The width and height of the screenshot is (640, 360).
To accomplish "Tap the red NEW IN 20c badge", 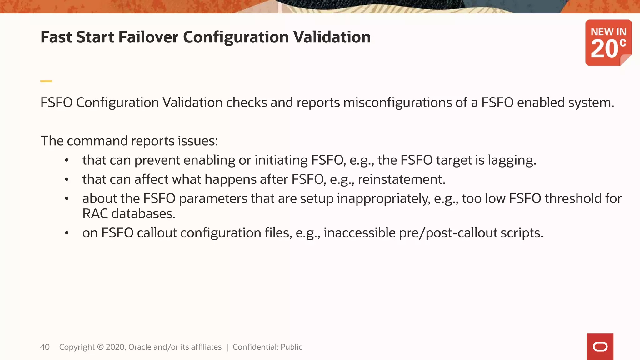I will click(608, 43).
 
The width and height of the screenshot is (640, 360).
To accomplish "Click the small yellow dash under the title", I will click(46, 81).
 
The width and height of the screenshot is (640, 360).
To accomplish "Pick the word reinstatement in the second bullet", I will click(401, 179).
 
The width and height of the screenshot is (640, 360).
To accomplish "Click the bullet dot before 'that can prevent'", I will click(67, 161).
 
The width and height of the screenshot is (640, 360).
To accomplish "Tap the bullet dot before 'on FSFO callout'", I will click(67, 233).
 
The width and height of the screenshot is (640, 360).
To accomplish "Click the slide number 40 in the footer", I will click(45, 347).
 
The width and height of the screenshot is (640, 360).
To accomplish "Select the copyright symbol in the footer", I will click(100, 347).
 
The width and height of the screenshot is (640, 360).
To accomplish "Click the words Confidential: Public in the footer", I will click(267, 347).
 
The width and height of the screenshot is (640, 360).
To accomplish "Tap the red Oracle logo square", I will click(600, 347).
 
